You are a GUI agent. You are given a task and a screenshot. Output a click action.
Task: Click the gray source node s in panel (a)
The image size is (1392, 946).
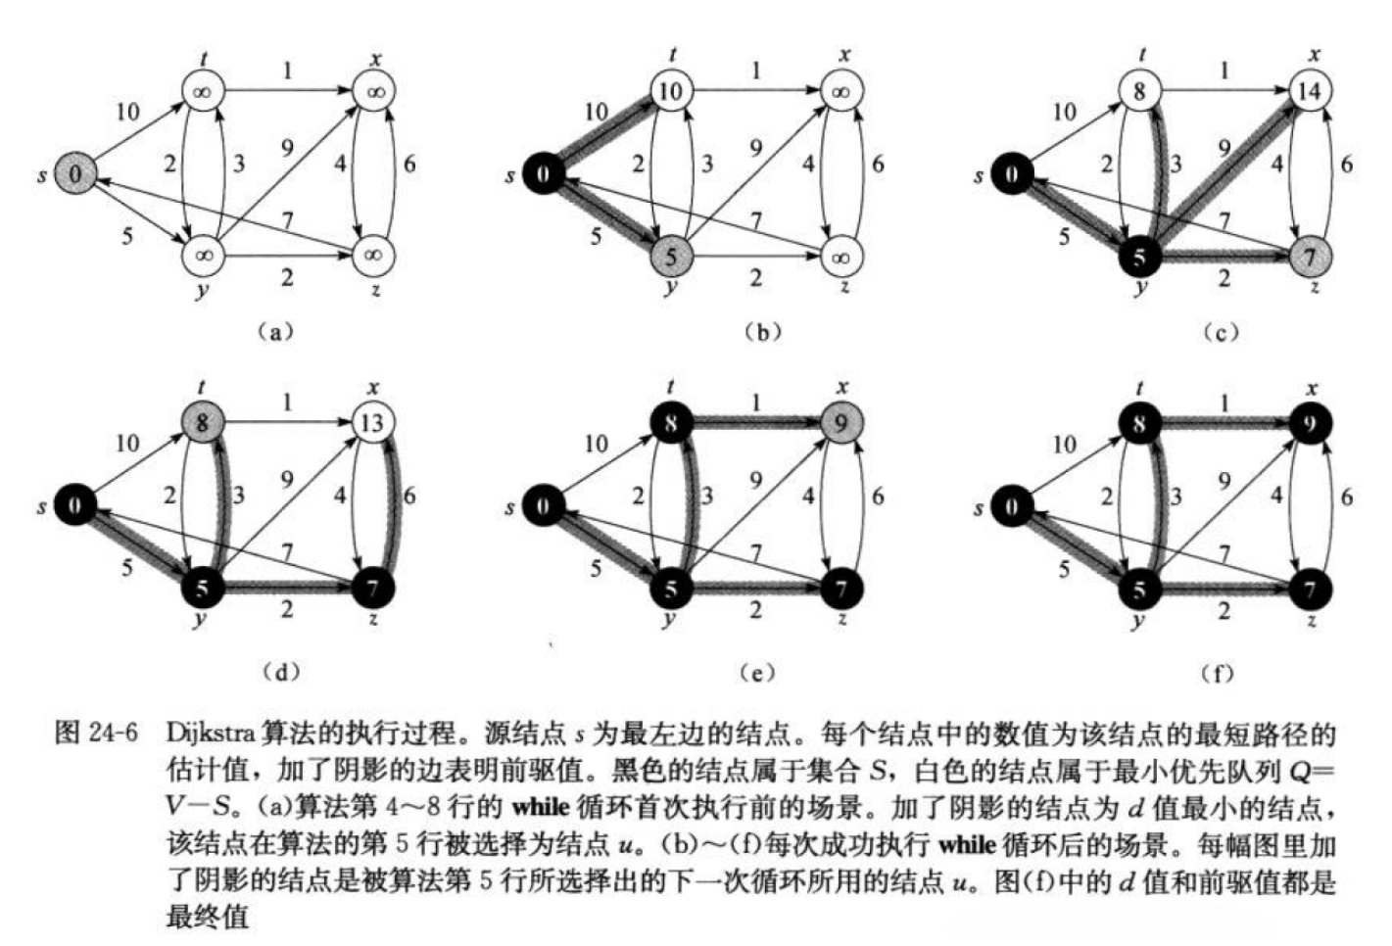click(75, 175)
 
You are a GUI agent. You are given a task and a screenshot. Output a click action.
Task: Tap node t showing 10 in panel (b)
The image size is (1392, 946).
click(670, 92)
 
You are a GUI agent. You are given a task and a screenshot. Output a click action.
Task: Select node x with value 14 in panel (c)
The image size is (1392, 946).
click(1309, 91)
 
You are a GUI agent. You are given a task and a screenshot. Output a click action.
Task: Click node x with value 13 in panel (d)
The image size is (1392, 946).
click(372, 423)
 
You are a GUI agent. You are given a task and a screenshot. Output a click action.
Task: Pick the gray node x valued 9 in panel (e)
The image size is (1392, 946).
click(840, 423)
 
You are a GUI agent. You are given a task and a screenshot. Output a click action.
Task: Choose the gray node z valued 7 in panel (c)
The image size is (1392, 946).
click(1309, 257)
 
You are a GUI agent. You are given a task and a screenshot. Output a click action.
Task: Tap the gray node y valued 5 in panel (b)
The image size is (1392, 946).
click(670, 257)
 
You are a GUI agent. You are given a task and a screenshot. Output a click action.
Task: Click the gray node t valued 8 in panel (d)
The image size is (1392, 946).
click(202, 423)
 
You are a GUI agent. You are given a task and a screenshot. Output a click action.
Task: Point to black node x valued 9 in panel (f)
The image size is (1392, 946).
click(1309, 423)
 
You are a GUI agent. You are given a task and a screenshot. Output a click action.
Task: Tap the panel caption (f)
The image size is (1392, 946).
click(1218, 673)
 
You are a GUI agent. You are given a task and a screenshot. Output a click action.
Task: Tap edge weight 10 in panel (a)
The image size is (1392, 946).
click(128, 112)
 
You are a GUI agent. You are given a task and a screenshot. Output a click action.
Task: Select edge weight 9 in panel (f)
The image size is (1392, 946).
click(1224, 481)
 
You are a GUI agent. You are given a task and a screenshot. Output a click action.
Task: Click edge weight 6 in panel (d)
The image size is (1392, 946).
click(408, 497)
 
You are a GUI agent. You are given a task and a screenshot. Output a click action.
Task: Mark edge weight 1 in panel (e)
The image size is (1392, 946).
click(755, 402)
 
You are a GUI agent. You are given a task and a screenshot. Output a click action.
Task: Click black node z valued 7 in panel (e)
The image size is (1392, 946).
click(840, 588)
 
